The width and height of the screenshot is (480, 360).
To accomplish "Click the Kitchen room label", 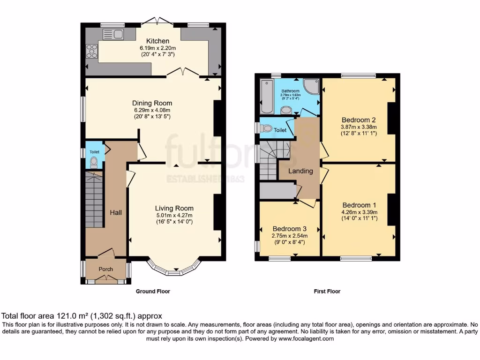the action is [157, 41].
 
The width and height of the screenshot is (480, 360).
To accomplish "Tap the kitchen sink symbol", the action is [113, 34].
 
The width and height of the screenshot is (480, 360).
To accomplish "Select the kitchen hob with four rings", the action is [92, 51].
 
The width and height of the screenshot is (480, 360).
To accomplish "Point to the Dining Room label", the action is [152, 103].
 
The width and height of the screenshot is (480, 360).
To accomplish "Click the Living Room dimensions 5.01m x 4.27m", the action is [174, 215].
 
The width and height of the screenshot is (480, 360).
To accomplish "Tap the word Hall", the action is [116, 212].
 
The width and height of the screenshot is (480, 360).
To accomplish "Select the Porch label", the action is [105, 269].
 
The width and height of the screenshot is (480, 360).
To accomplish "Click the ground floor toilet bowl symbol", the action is [94, 162].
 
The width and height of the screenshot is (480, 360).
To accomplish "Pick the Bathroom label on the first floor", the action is [291, 91].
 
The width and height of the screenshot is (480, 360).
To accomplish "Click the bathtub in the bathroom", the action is [267, 96].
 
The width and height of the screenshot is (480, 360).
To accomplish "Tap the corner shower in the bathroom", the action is [311, 86].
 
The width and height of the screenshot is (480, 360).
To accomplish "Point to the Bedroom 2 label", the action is [359, 120].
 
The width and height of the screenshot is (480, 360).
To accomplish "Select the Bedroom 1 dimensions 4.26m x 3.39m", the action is [360, 212].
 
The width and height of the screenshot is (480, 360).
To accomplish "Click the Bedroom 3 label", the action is [290, 229].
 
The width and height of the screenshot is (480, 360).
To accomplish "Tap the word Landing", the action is [300, 171].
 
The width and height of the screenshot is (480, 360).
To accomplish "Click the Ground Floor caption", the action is [153, 292].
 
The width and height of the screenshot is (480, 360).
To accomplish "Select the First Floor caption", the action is [327, 292].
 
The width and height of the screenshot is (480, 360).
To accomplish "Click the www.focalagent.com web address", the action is [306, 338].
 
